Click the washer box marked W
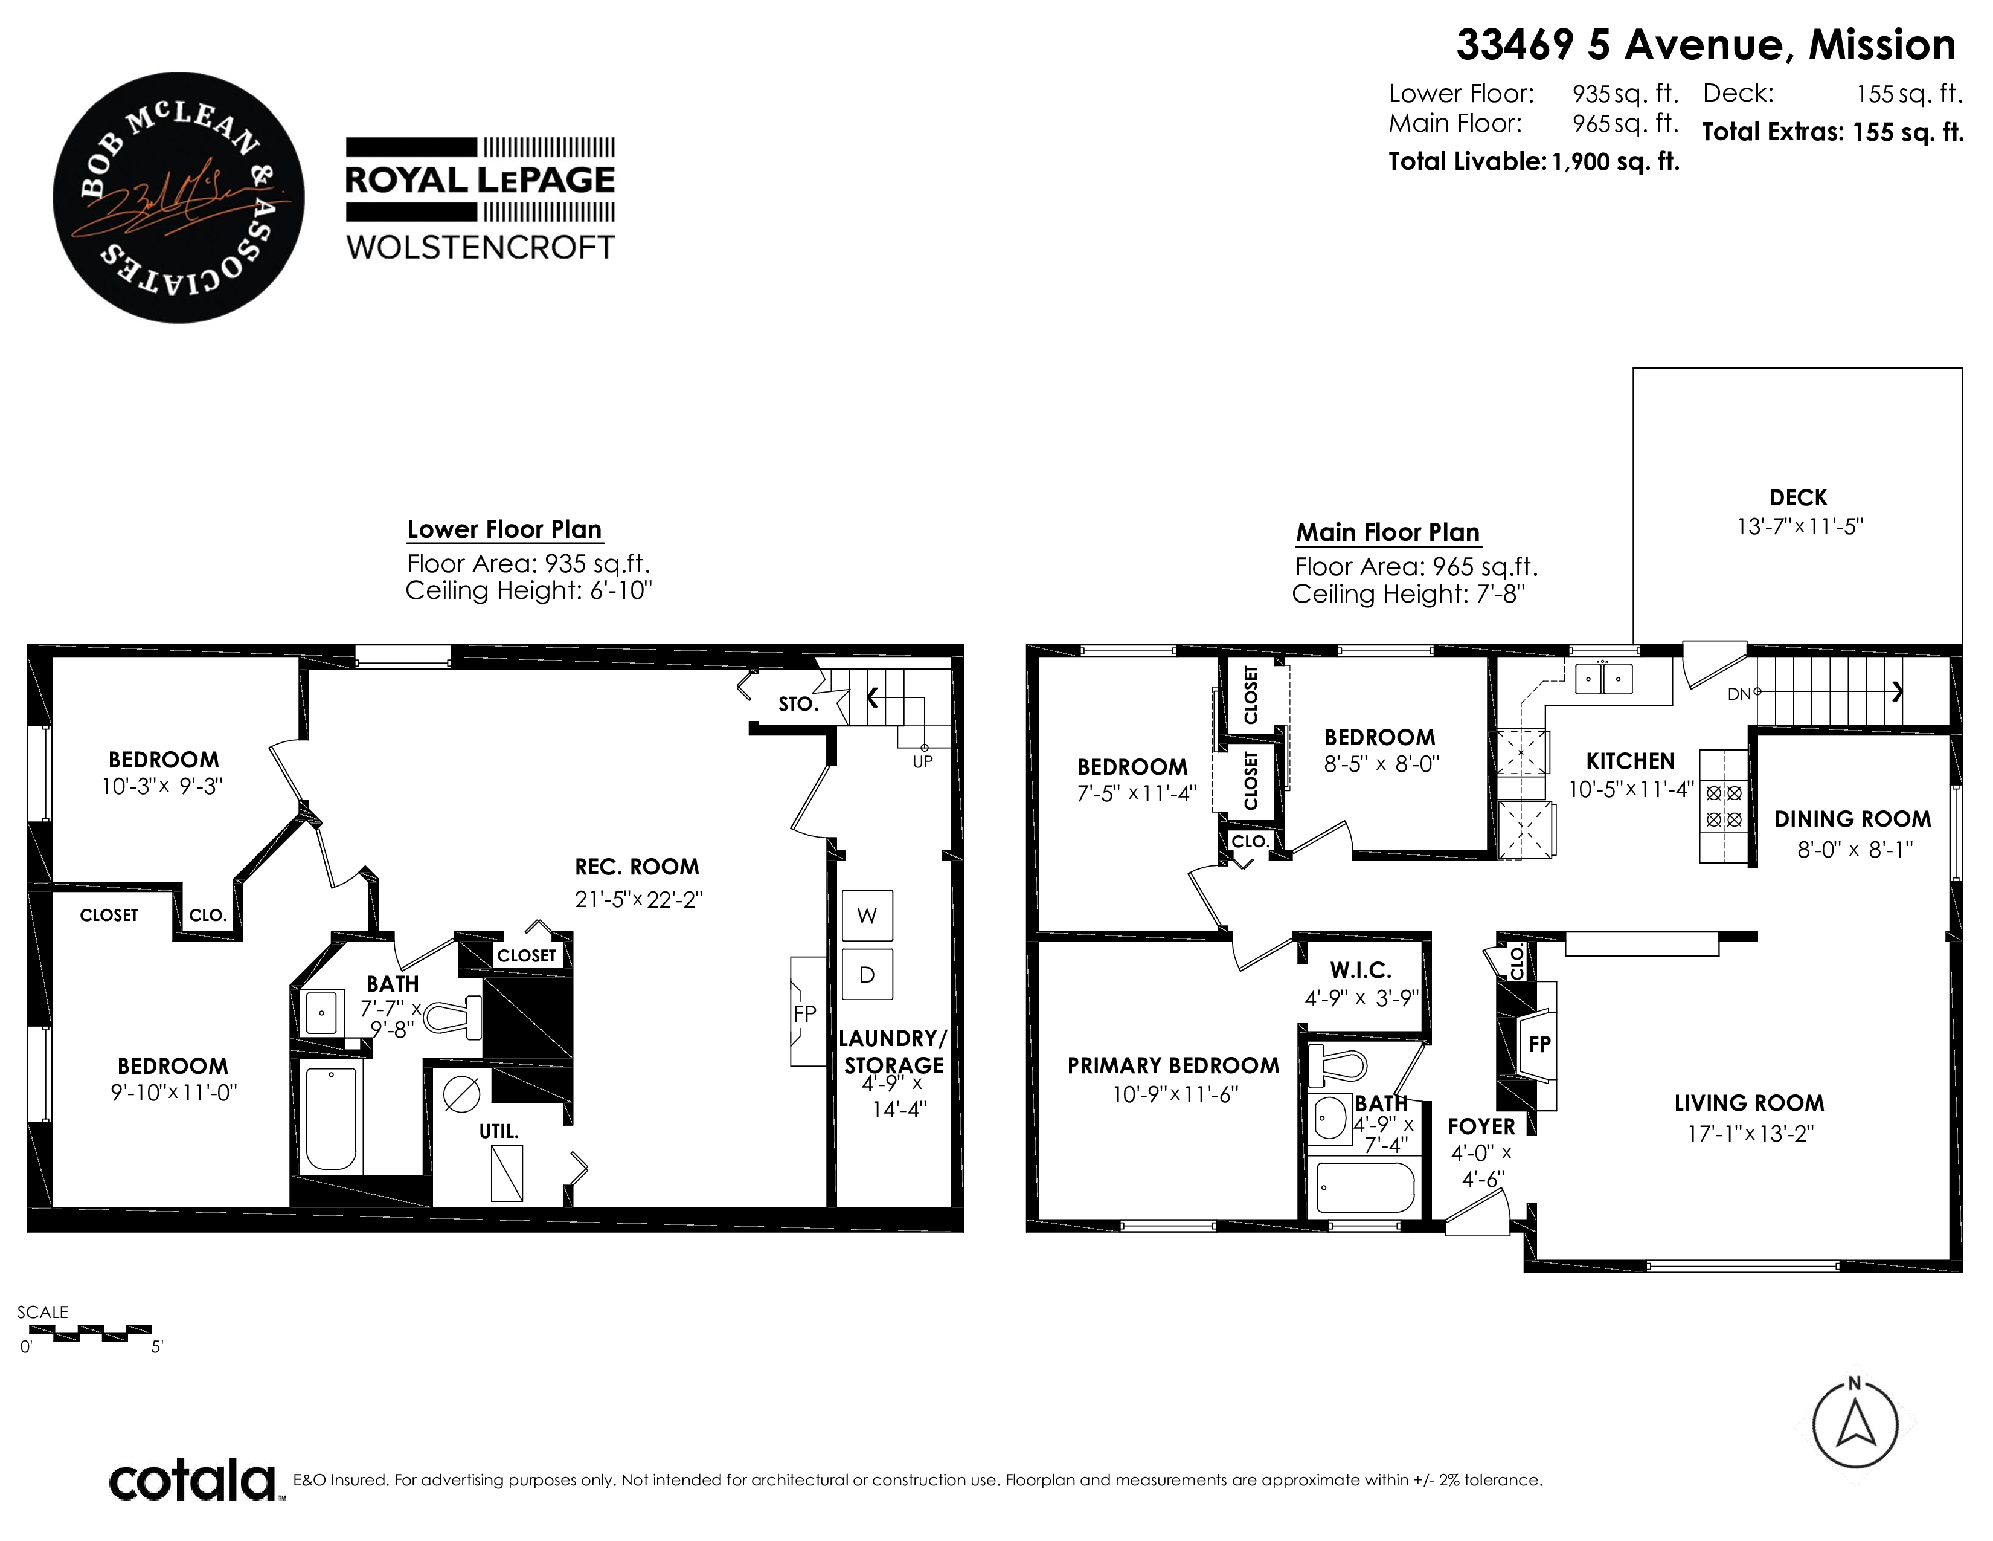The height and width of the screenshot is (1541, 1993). (867, 916)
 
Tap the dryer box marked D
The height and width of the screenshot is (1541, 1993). (867, 974)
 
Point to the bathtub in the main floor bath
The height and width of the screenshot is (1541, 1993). (1366, 1187)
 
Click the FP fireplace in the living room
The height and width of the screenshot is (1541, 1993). (1539, 1044)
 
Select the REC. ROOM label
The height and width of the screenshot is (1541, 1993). (637, 867)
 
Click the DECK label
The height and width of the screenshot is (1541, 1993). (1799, 497)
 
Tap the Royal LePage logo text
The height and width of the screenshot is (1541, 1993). (480, 180)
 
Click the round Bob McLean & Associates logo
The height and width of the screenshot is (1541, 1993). (179, 197)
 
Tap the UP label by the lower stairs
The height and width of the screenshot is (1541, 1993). (923, 761)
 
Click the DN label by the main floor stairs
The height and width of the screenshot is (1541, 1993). (1738, 694)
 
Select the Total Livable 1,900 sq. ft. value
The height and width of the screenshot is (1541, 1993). (1615, 161)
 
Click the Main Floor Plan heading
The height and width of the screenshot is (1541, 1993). (1388, 532)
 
